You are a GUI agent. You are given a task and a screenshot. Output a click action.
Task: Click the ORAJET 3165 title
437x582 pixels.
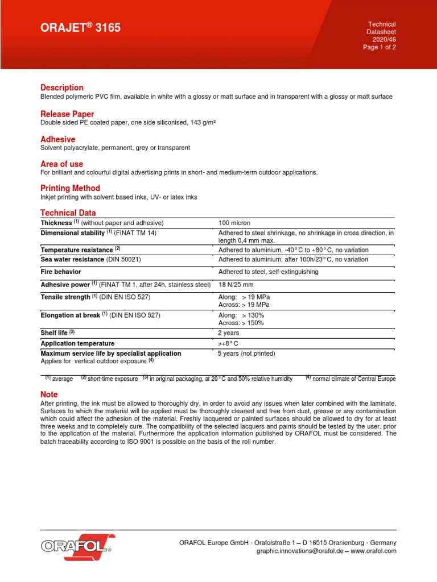[x=80, y=28]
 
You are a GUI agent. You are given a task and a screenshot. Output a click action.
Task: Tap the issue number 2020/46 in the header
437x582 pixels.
[x=384, y=40]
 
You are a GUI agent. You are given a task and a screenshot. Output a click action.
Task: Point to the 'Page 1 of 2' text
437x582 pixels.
[x=380, y=48]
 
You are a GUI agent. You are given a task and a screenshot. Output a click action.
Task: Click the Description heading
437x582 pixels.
[x=62, y=88]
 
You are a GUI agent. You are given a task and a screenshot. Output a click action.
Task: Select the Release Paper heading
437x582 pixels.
[x=67, y=114]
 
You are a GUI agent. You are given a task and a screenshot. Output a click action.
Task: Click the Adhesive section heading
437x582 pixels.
[x=57, y=139]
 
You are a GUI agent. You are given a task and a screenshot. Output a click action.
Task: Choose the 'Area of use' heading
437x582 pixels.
[x=61, y=164]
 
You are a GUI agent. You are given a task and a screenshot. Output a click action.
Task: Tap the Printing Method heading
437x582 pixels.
[x=70, y=188]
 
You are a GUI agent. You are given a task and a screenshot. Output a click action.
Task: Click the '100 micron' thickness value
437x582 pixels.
[x=234, y=223]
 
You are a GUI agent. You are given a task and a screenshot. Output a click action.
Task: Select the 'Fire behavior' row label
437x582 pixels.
[x=62, y=272]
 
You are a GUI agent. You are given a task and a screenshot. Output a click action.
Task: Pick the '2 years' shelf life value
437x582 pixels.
[x=229, y=333]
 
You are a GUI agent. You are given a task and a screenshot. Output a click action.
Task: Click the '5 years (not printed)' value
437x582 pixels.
[x=247, y=354]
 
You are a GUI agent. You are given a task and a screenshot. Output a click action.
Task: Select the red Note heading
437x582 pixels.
[x=49, y=394]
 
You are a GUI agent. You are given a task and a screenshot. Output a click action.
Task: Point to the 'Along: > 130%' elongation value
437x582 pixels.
[x=241, y=315]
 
